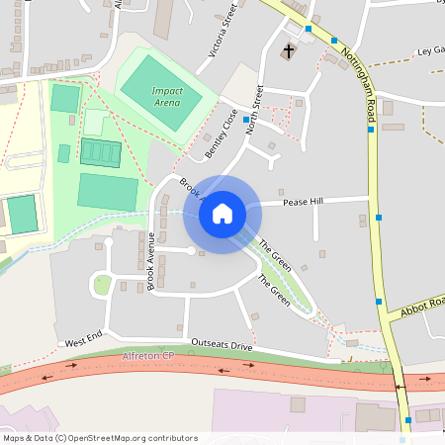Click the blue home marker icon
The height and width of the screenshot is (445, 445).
point(222,214)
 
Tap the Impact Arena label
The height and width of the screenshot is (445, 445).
point(168,95)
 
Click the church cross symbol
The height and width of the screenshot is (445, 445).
point(290,49)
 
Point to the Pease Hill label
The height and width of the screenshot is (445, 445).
point(304,202)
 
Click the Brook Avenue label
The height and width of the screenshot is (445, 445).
point(151,261)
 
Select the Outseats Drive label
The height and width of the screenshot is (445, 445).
point(222,343)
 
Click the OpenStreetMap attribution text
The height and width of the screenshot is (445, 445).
point(100,437)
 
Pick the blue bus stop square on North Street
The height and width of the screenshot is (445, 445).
point(245,119)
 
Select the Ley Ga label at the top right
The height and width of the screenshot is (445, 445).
point(431,49)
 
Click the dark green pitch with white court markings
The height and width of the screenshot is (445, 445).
point(100,152)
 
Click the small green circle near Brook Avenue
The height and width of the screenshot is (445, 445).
point(103,285)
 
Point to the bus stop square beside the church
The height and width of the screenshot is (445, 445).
point(310,29)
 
